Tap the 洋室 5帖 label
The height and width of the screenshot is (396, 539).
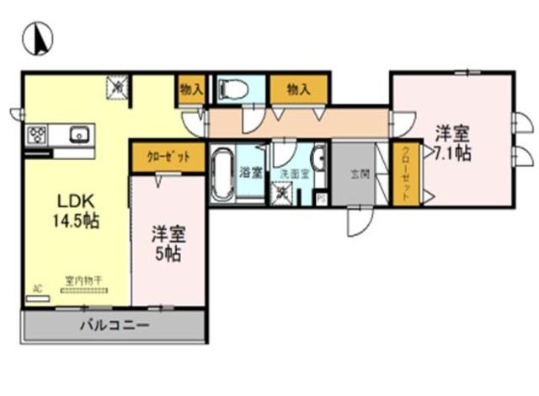[x=168, y=241]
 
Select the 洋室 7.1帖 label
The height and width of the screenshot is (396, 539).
[x=452, y=142]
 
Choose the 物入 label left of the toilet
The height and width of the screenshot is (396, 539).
[x=190, y=88]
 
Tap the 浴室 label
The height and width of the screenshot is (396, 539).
[x=251, y=173]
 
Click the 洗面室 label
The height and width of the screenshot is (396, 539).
[x=292, y=171]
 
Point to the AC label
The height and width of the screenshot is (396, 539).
[x=37, y=288]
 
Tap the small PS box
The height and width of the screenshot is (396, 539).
[x=321, y=199]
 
